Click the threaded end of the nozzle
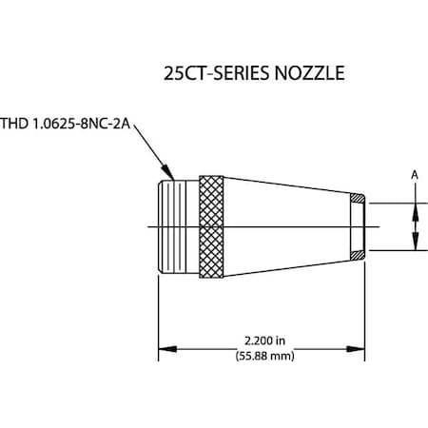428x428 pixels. [177, 226]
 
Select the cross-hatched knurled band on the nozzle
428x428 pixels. [210, 226]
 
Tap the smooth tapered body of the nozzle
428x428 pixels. [285, 226]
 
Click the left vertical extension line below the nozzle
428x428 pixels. [157, 314]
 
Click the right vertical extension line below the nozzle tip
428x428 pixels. [364, 304]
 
